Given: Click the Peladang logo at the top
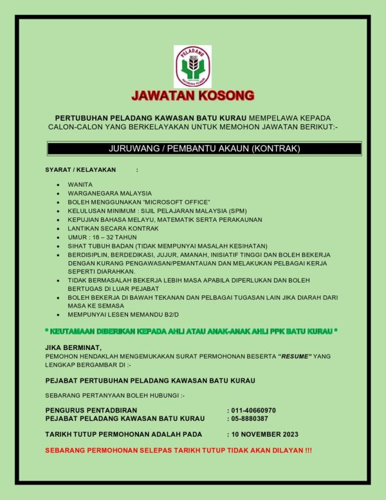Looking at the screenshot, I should [192, 66].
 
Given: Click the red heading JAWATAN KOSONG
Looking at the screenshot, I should [193, 96].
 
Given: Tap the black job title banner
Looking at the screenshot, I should [205, 149].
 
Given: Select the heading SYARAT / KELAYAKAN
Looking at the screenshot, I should [80, 170].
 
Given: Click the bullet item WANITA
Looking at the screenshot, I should [80, 184].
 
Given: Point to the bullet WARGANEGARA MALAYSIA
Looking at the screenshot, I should [109, 193].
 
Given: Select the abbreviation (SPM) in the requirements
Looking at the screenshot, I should [237, 211].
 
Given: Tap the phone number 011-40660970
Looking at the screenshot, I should [253, 410].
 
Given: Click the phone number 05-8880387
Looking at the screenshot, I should [250, 418].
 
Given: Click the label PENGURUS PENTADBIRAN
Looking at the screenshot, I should [90, 410].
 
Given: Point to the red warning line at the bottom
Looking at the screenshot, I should [178, 449].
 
